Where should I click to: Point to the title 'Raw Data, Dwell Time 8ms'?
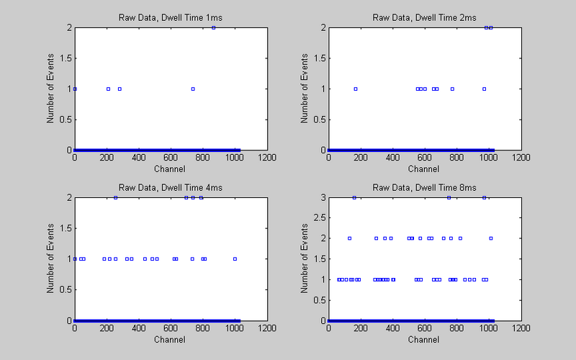[x=425, y=188]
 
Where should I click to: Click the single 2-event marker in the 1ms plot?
[x=214, y=27]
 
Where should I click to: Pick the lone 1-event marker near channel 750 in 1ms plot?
[x=193, y=89]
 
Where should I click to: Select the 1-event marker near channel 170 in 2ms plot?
[x=356, y=89]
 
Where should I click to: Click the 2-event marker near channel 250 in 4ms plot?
[x=115, y=197]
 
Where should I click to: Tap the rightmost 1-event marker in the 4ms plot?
[x=235, y=258]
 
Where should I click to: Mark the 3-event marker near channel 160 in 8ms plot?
[x=354, y=197]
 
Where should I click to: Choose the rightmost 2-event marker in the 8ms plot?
[x=491, y=238]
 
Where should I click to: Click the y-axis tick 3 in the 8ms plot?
[x=323, y=197]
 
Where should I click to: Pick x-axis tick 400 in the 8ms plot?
[x=392, y=328]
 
